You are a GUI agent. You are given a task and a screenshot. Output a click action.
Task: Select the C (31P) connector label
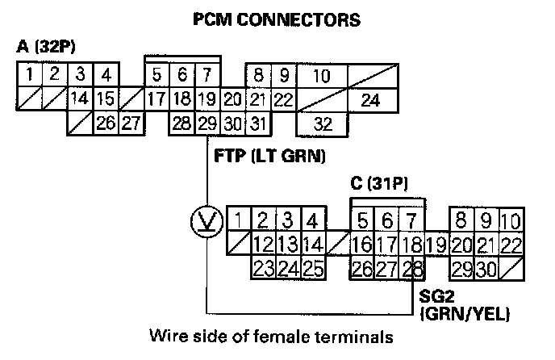379,184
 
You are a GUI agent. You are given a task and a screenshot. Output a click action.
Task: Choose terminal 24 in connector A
369,101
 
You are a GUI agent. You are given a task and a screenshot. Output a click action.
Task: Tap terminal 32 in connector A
323,124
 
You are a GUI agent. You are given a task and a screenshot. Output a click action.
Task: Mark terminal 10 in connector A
322,77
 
